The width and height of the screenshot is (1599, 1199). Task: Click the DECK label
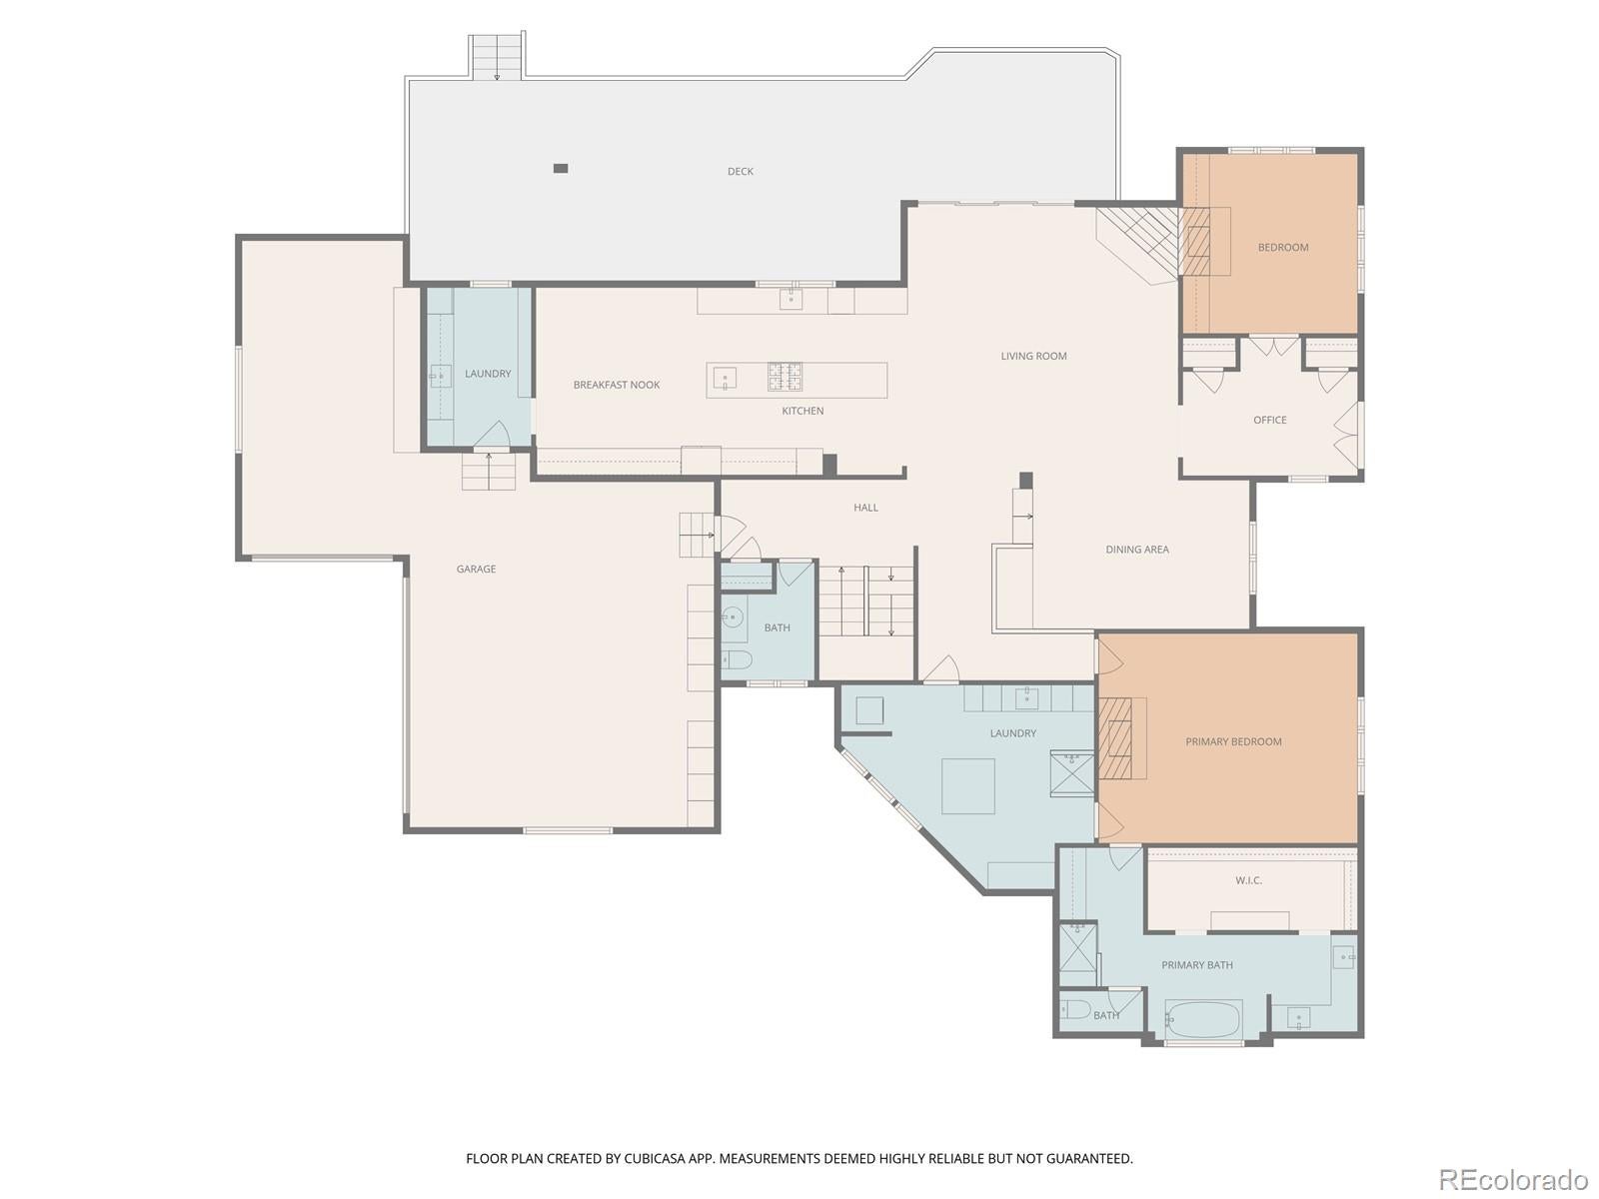pos(740,172)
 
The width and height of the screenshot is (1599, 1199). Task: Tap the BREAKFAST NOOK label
pos(616,385)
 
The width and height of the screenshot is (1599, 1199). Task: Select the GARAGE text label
pos(476,570)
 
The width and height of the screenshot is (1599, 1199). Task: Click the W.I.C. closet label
pos(1248,880)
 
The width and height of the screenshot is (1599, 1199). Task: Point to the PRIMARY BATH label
pos(1196,965)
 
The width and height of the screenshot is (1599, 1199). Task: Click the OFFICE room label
pos(1269,420)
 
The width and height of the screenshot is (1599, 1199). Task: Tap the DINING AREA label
pos(1136,550)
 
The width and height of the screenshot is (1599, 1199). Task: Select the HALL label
pos(865,508)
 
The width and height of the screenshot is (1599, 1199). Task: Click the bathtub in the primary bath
pos(1203,1021)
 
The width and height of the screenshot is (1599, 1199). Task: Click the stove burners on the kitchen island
pos(785,377)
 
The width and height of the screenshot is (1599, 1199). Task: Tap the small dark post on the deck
pos(561,168)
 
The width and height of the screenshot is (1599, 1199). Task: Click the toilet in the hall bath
pos(738,659)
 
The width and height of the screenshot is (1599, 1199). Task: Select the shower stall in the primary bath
pos(1077,948)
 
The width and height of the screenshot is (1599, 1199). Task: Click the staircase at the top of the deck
pos(497,56)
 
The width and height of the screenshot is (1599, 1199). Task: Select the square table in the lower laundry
pos(967,786)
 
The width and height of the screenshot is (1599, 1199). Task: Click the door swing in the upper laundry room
pos(493,434)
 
